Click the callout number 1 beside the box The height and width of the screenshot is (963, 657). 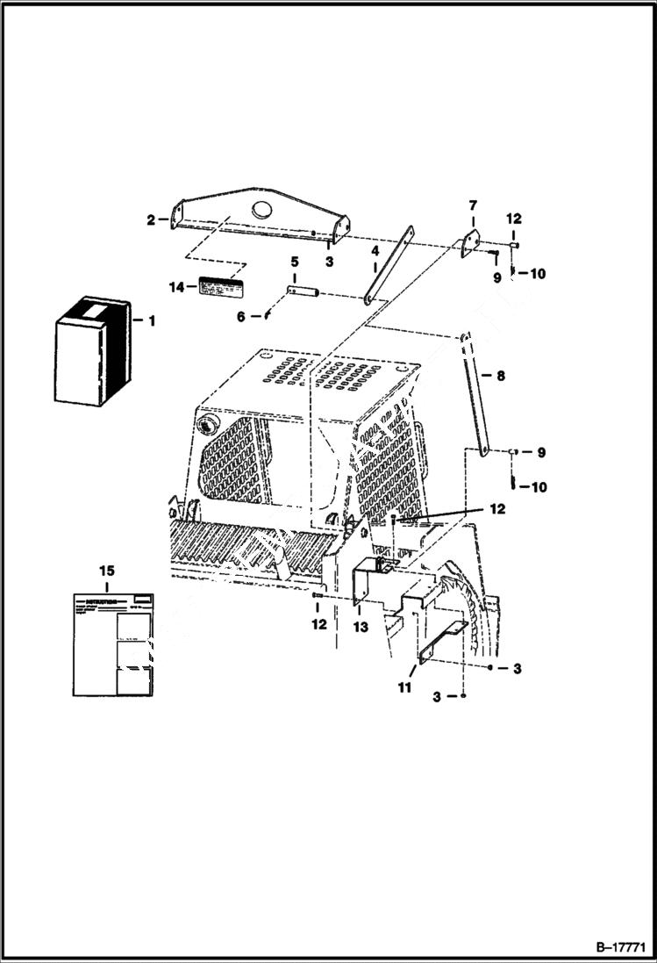pos(151,321)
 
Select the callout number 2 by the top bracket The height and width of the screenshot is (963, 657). pos(151,220)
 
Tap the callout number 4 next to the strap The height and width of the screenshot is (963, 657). pos(375,250)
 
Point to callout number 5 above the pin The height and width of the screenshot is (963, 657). pos(295,262)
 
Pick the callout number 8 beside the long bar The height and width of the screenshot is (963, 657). pos(500,376)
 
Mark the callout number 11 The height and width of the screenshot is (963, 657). pos(404,688)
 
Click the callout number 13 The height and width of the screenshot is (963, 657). pos(361,628)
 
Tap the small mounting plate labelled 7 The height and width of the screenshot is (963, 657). pos(471,244)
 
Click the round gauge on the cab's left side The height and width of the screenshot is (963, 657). pos(208,426)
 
